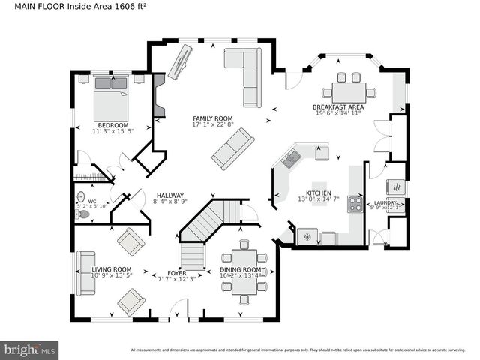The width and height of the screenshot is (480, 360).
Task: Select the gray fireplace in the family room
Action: (x=159, y=95)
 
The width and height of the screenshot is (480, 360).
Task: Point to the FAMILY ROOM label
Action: (x=212, y=118)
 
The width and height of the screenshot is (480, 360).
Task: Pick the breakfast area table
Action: (x=349, y=92)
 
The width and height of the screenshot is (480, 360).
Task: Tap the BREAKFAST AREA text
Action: (x=337, y=108)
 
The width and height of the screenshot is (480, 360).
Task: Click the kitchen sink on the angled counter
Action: (x=291, y=158)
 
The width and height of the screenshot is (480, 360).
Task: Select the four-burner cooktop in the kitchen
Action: (x=354, y=204)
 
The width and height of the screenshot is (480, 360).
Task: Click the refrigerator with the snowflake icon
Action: (x=307, y=236)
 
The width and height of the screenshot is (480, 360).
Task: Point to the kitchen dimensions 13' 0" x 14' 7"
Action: (x=319, y=199)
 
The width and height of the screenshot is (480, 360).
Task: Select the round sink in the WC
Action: (x=81, y=197)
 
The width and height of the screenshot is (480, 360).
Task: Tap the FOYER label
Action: (x=176, y=272)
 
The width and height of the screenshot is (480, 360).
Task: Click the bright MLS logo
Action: (x=29, y=349)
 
